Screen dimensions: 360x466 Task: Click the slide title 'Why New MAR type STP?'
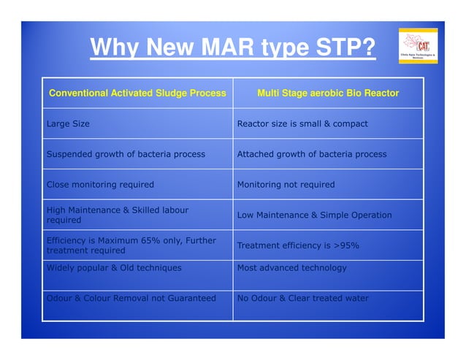pyautogui.click(x=233, y=50)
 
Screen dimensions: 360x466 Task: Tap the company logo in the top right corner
pyautogui.click(x=418, y=46)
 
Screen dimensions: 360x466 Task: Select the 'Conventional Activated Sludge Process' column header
pyautogui.click(x=137, y=93)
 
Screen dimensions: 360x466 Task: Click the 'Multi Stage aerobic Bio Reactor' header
pyautogui.click(x=328, y=93)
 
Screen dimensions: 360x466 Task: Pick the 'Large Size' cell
pyautogui.click(x=68, y=124)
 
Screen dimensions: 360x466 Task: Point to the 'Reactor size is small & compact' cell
pyautogui.click(x=302, y=124)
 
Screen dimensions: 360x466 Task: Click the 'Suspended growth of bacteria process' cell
pyautogui.click(x=126, y=155)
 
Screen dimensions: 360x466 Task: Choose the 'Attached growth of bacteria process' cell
pyautogui.click(x=312, y=155)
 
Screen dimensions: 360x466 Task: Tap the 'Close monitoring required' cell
pyautogui.click(x=100, y=185)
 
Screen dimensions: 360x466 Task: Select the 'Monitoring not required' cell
pyautogui.click(x=286, y=185)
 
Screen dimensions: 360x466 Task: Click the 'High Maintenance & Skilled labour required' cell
pyautogui.click(x=117, y=215)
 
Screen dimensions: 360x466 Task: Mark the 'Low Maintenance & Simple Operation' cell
pyautogui.click(x=314, y=215)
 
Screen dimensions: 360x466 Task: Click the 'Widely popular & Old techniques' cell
pyautogui.click(x=114, y=268)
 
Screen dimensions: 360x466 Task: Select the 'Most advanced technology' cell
pyautogui.click(x=292, y=268)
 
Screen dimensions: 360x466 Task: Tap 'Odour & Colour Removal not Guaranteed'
pyautogui.click(x=131, y=298)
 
